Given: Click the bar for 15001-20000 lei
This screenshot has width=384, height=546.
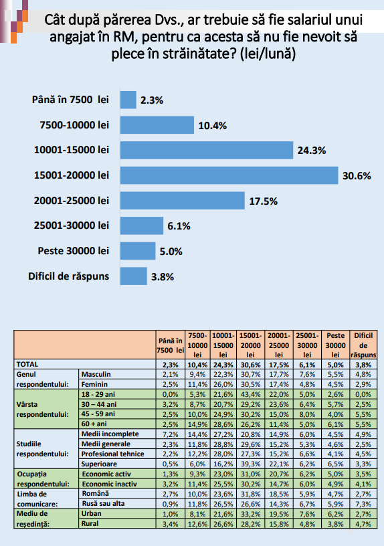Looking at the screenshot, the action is pos(229,175).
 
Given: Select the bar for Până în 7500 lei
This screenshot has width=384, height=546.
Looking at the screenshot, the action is pos(128,100).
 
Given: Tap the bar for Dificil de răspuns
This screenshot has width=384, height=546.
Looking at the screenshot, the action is pos(134,276).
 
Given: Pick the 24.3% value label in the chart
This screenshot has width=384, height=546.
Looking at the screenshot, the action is pos(312,151).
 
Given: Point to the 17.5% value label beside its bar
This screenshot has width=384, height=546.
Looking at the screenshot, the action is pos(263,201).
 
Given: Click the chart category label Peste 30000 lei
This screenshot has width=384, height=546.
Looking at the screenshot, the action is pos(74,251).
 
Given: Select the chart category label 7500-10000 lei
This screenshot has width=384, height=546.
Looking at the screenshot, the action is pos(74,124).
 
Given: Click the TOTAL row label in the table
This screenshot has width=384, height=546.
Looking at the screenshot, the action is pos(27,364).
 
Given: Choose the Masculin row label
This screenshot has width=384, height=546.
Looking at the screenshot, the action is pos(96,374).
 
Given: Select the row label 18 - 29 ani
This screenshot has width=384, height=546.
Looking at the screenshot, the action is pos(98,394).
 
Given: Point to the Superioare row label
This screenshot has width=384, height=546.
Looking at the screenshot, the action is pos(99,464).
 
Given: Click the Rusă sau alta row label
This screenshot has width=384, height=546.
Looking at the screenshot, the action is pos(104,504).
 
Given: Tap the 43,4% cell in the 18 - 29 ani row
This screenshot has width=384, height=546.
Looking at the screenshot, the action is pos(250,395).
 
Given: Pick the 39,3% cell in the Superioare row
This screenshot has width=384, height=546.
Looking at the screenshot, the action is pos(250,464).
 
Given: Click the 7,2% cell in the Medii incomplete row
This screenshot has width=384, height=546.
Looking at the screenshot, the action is pos(171,434).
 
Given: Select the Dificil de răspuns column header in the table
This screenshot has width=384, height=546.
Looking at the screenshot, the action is pos(363,345).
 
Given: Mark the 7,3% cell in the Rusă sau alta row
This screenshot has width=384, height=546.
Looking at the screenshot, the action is pos(363,505).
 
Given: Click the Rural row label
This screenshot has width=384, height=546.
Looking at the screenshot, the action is pos(90,523).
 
